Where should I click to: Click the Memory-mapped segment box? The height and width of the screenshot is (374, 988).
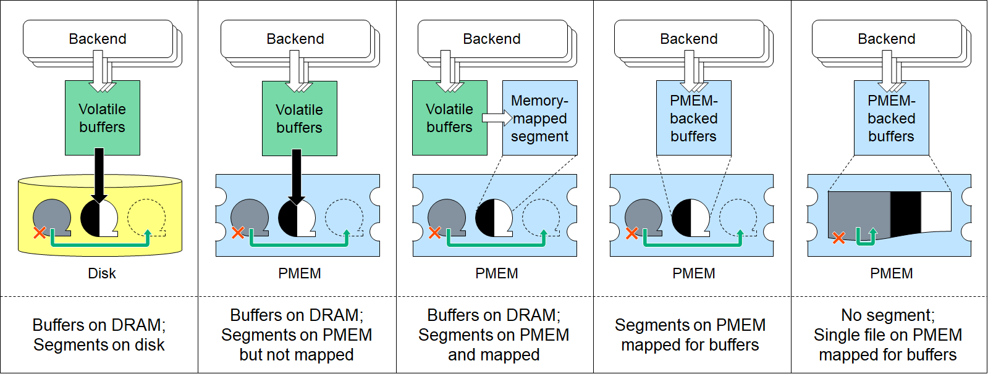point(539,118)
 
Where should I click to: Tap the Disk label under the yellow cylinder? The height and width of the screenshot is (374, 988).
point(102,273)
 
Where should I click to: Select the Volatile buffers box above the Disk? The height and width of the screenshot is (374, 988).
point(103,118)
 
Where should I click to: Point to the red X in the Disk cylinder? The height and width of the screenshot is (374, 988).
point(40,233)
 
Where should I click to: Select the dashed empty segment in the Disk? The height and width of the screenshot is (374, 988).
point(146,217)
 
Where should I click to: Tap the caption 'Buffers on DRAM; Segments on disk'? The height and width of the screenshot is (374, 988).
point(99,335)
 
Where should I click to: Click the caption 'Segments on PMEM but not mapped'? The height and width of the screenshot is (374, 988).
point(297,335)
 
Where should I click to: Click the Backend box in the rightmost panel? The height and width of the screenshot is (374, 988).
point(887,39)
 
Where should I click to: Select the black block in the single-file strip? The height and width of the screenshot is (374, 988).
point(905,213)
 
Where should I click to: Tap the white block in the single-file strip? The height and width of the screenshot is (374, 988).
point(935,212)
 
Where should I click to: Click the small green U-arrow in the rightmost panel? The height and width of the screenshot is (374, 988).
point(866,236)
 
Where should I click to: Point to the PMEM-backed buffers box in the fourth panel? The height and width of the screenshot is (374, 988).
point(693,118)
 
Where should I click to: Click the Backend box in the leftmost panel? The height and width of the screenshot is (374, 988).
point(98,39)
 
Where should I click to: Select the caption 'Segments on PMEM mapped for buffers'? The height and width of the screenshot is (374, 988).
point(690,335)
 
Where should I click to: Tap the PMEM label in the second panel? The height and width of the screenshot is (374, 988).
point(300,273)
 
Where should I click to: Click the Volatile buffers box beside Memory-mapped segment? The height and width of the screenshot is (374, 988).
point(449,118)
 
